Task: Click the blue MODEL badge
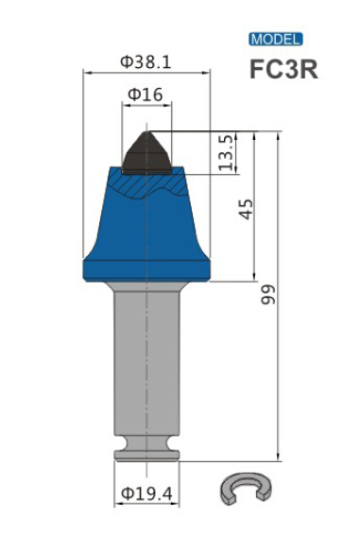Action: (275, 40)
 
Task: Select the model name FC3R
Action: (283, 70)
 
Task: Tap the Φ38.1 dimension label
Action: (146, 62)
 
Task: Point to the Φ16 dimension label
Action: (145, 95)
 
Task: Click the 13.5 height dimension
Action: (226, 152)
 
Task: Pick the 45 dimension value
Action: (246, 209)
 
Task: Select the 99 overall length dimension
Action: (268, 294)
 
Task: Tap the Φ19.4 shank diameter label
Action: (147, 493)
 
